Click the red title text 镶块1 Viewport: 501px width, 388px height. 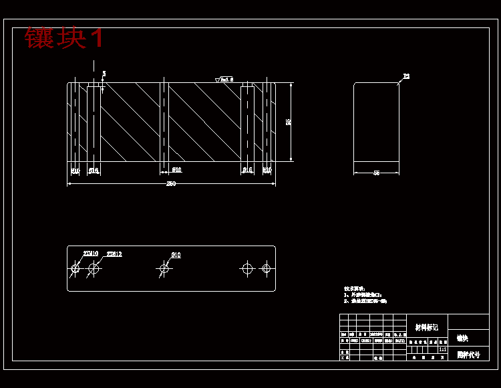(x=64, y=37)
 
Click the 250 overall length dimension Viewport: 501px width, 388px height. (x=171, y=184)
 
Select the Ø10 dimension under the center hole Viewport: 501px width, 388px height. (x=176, y=170)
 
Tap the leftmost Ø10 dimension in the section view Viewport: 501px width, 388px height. (x=75, y=171)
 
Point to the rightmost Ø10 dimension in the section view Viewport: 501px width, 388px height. (x=267, y=171)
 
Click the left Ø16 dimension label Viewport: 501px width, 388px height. (x=94, y=171)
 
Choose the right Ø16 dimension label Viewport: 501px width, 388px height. (x=247, y=171)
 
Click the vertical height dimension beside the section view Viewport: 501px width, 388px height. (x=289, y=122)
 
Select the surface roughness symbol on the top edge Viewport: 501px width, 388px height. (x=224, y=80)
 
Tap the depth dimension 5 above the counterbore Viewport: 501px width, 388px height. (x=104, y=74)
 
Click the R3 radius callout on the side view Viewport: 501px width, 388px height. (x=406, y=77)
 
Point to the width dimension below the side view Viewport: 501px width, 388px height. (x=376, y=173)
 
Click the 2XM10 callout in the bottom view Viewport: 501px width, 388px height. (x=91, y=254)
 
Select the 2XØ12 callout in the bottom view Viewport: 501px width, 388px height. (x=114, y=254)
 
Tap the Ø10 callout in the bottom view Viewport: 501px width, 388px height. (x=176, y=255)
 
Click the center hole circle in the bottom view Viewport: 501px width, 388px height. (x=163, y=269)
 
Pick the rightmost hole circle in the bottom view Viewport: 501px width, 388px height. (x=266, y=269)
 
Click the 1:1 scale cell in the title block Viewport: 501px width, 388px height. (x=442, y=349)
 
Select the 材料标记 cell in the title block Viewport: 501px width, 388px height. (x=427, y=327)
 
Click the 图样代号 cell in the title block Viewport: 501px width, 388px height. (x=468, y=355)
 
